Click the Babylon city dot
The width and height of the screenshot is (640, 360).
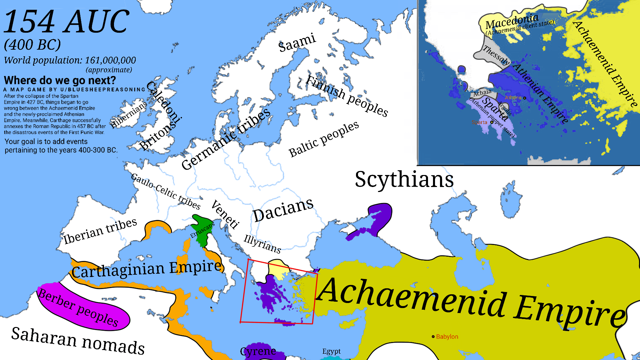433,337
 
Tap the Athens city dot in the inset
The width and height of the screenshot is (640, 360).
524,98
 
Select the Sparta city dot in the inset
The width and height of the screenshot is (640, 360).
492,122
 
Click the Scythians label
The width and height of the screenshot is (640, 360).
404,179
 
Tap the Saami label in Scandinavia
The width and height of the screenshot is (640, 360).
297,43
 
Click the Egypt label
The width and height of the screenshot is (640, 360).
331,351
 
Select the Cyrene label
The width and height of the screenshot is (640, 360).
258,351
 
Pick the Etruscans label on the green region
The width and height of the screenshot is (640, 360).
202,230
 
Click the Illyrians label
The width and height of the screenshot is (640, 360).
262,244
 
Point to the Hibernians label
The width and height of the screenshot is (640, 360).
129,115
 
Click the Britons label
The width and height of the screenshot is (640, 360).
157,135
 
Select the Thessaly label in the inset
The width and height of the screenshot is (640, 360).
496,55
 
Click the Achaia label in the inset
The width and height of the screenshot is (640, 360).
482,93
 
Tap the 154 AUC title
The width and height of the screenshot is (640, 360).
66,22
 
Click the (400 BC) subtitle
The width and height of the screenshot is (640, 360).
32,45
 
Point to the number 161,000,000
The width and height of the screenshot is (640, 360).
110,60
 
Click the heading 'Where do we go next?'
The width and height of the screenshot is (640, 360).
60,80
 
